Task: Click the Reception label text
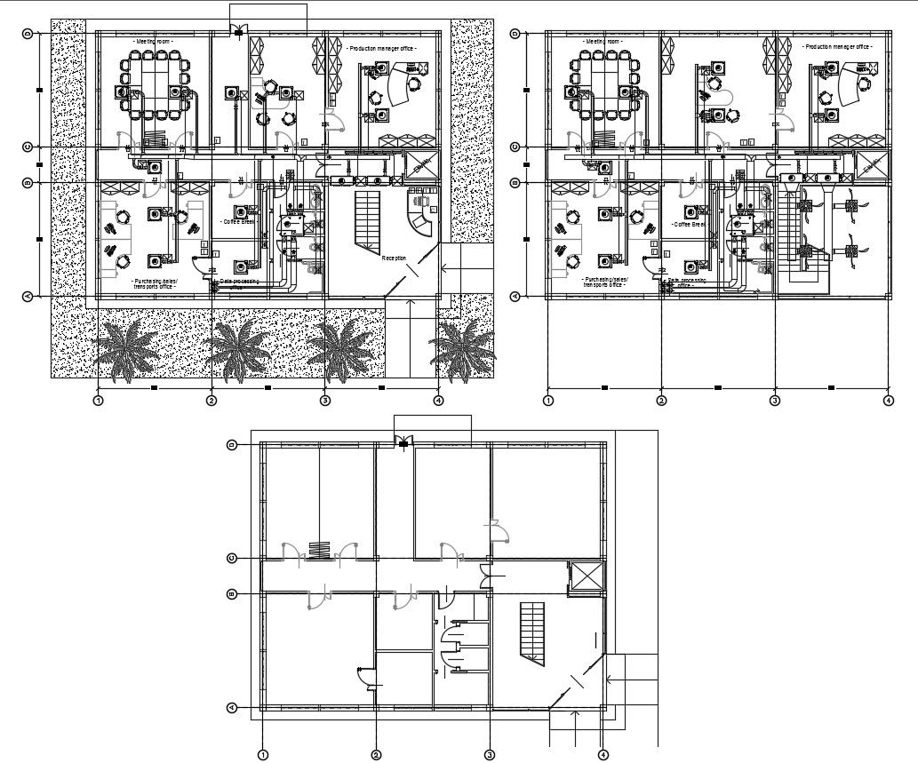pyautogui.click(x=394, y=258)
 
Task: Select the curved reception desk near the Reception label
pyautogui.click(x=419, y=211)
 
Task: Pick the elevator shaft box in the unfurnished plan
pyautogui.click(x=586, y=576)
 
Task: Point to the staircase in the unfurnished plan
pyautogui.click(x=531, y=631)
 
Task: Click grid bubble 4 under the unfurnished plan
pyautogui.click(x=603, y=755)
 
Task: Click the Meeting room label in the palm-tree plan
pyautogui.click(x=153, y=42)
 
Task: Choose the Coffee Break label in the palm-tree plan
pyautogui.click(x=238, y=222)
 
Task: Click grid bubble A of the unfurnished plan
pyautogui.click(x=232, y=708)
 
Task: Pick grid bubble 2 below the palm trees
pyautogui.click(x=212, y=401)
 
